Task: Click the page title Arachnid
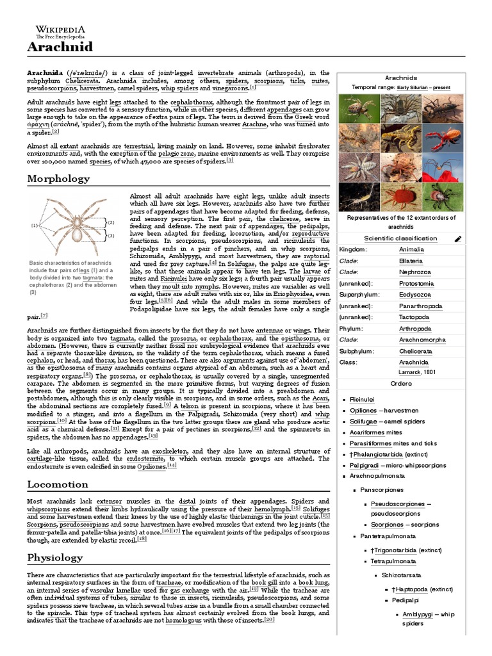coord(60,47)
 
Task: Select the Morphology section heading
coord(58,179)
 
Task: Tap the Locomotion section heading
coord(58,484)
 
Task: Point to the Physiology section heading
coord(55,557)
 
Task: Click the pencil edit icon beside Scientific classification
coord(457,239)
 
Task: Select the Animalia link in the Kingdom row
coord(411,249)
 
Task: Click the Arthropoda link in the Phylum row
coord(415,329)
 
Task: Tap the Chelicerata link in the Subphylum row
coord(416,352)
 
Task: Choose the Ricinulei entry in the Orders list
coord(363,398)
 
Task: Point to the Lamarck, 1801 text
coord(416,372)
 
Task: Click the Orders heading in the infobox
coord(400,383)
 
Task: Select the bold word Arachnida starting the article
coord(45,73)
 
